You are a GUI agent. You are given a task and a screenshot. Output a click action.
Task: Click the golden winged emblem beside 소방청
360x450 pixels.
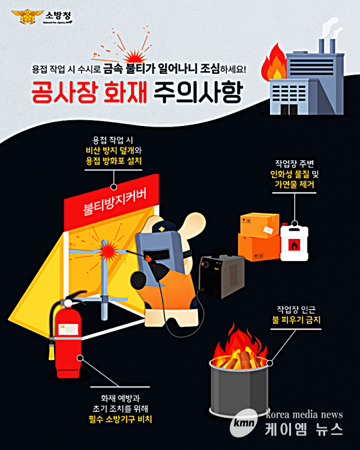pos(28,16)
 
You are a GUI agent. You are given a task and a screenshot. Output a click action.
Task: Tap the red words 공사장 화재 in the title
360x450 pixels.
pos(89,92)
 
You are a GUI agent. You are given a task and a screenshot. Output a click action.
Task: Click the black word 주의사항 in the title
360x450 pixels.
pos(199,92)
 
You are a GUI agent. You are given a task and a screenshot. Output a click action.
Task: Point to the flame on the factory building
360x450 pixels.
pos(274,63)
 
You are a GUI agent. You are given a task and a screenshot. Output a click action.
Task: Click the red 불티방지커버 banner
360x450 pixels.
pos(112,202)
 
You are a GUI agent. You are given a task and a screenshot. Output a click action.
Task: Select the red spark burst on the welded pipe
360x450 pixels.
pos(108,249)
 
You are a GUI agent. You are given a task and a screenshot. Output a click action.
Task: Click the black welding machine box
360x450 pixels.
pos(221,275)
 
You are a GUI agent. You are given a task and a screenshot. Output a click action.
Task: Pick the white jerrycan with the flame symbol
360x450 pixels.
pos(294,242)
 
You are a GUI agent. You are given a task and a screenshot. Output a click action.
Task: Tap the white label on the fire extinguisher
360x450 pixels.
pos(68,329)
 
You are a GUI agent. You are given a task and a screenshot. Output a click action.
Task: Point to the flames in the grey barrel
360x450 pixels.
pos(240,349)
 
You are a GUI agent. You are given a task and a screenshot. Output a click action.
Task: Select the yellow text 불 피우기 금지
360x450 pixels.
pos(296,320)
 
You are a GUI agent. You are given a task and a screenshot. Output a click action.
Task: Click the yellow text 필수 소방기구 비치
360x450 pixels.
pos(120,419)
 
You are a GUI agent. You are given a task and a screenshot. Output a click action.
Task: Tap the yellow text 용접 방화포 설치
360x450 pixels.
pos(113,161)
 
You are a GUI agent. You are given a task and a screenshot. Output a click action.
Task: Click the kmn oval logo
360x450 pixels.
pos(244,422)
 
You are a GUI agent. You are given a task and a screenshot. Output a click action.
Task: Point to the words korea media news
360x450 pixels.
pos(304,415)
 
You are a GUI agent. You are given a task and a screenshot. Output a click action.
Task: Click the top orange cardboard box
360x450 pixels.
pos(260,225)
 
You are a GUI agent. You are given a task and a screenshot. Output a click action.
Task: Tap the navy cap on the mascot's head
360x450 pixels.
pos(163,227)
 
